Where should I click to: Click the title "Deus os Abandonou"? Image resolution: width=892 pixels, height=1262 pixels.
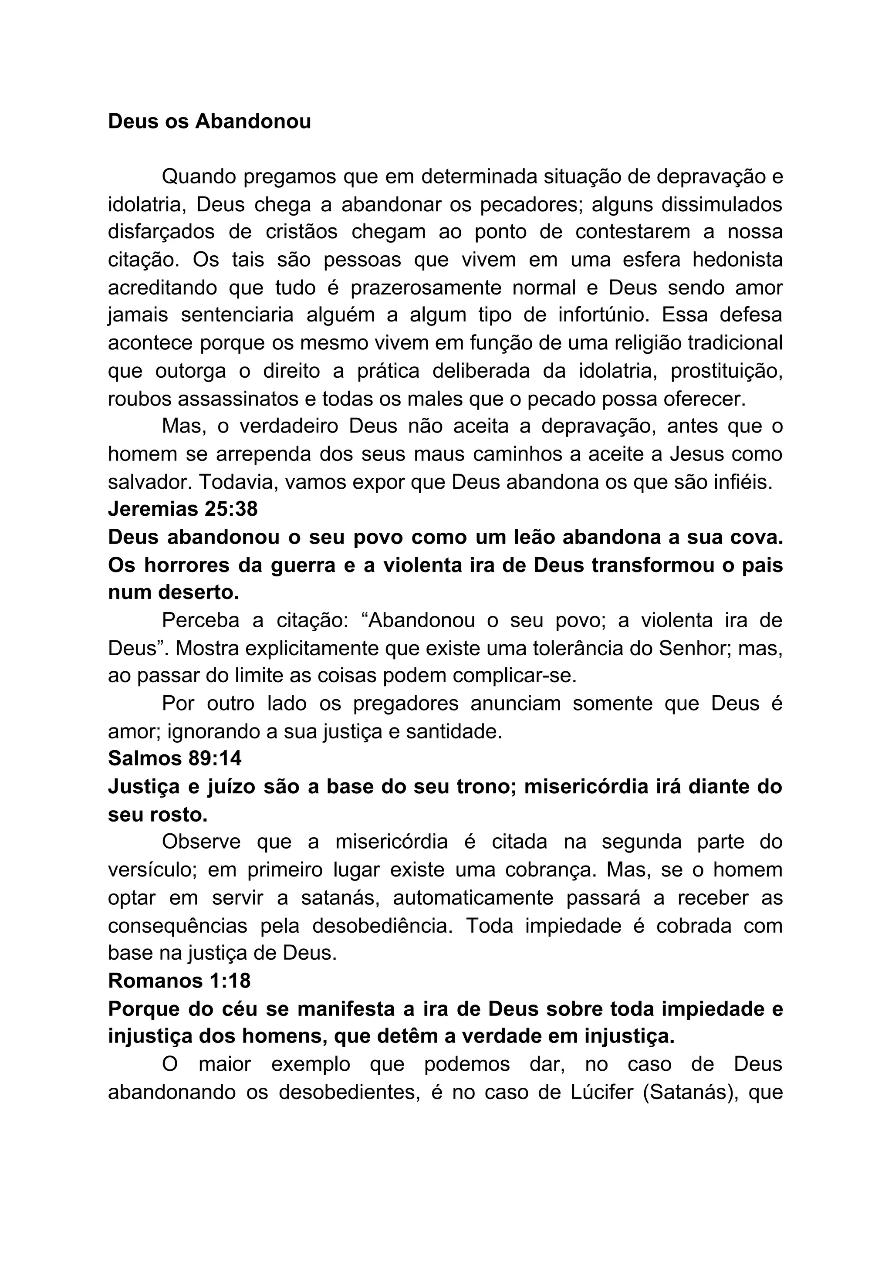pyautogui.click(x=209, y=122)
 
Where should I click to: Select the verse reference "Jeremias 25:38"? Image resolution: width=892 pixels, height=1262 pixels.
pyautogui.click(x=182, y=509)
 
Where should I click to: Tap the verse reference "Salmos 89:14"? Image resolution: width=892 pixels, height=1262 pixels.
pyautogui.click(x=175, y=758)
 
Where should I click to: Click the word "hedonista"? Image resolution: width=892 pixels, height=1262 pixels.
pyautogui.click(x=737, y=260)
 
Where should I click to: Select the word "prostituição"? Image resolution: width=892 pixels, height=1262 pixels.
pyautogui.click(x=726, y=371)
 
